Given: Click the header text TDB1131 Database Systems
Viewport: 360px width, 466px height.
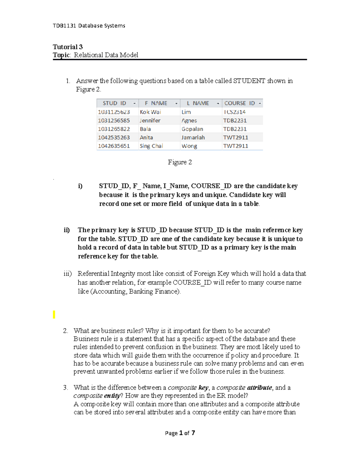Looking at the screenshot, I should [x=89, y=26].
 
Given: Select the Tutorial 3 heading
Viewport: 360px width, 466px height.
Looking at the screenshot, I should [x=67, y=47].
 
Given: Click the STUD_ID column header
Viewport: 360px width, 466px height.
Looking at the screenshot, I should [x=114, y=103].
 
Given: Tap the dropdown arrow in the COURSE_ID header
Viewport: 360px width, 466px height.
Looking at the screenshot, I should [x=260, y=104].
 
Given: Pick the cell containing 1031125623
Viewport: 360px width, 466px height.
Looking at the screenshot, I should [x=114, y=112].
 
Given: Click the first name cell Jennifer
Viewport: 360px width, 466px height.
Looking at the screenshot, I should [x=150, y=120].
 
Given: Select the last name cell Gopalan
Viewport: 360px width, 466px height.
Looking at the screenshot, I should [x=192, y=129].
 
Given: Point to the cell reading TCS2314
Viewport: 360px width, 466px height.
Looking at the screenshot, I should [x=234, y=112].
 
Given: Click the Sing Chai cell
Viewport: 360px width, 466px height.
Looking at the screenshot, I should [x=151, y=146].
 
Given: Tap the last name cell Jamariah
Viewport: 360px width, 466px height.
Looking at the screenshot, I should [x=193, y=137].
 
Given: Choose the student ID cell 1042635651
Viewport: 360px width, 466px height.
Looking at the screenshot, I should [x=114, y=146].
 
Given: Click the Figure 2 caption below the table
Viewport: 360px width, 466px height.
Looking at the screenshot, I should [x=180, y=162].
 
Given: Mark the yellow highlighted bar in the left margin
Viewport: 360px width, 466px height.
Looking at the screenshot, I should [x=54, y=314].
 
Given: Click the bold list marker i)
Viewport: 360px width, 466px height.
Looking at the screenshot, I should [x=80, y=186].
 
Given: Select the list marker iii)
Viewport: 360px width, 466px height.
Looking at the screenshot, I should [x=67, y=274].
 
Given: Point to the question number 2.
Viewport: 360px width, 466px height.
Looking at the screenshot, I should [x=65, y=331].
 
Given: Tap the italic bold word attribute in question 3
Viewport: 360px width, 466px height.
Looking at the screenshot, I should [x=259, y=388].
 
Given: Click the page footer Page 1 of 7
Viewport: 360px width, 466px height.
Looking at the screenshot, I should [x=180, y=433].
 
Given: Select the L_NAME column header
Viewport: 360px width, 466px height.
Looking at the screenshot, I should [x=198, y=103].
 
